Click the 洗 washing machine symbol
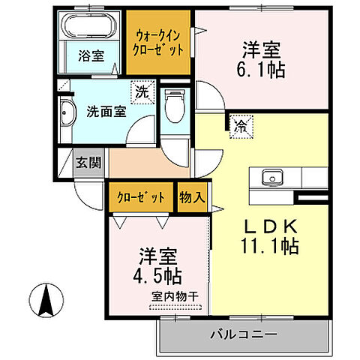coord(141,93)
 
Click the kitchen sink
coord(271,178)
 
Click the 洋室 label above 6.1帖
coord(261,50)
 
